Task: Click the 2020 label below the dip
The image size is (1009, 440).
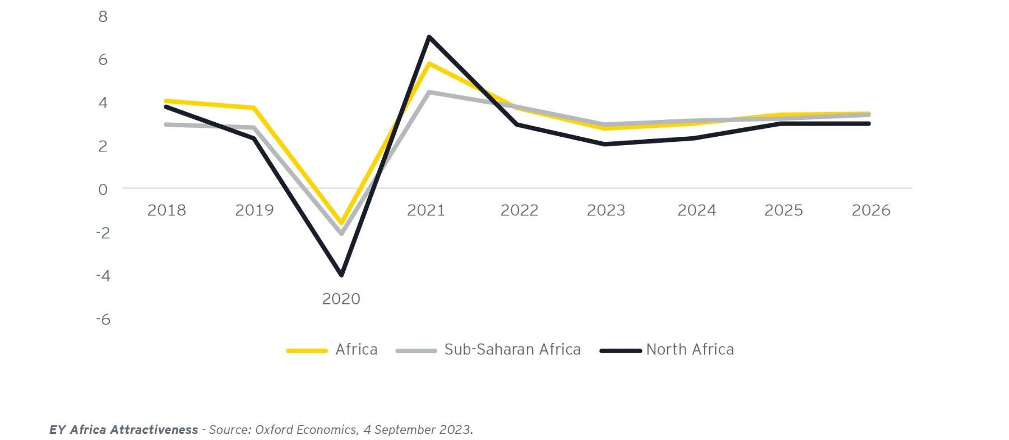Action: pyautogui.click(x=341, y=299)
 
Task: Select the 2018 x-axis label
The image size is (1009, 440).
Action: pyautogui.click(x=166, y=210)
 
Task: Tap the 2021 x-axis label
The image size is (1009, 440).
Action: pyautogui.click(x=426, y=210)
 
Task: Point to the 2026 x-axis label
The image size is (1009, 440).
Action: pyautogui.click(x=871, y=210)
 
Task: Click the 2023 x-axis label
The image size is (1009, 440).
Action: pyautogui.click(x=605, y=210)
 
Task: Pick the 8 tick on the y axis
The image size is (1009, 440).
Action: pyautogui.click(x=103, y=17)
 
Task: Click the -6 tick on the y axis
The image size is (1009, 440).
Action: pyautogui.click(x=103, y=319)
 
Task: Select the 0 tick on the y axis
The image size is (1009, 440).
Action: pyautogui.click(x=103, y=189)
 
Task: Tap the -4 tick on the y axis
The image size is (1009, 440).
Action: pyautogui.click(x=103, y=276)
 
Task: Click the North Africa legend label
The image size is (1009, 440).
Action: pyautogui.click(x=689, y=350)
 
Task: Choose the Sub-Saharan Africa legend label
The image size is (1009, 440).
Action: pyautogui.click(x=512, y=350)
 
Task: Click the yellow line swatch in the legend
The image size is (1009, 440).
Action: pyautogui.click(x=307, y=351)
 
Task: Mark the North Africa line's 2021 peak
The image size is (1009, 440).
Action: pyautogui.click(x=429, y=37)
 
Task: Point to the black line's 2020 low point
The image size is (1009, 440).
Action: pyautogui.click(x=341, y=275)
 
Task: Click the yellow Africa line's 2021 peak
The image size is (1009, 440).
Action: pyautogui.click(x=429, y=63)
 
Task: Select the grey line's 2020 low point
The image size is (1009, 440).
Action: pyautogui.click(x=341, y=233)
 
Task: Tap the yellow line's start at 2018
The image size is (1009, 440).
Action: pyautogui.click(x=166, y=101)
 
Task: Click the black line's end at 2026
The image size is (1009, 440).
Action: pyautogui.click(x=868, y=123)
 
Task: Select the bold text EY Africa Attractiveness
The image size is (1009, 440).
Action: pyautogui.click(x=123, y=430)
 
